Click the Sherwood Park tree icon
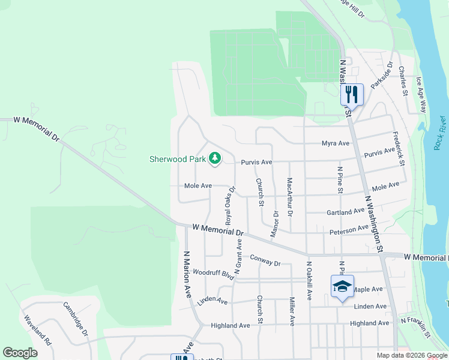(215, 159)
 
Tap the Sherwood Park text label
(178, 159)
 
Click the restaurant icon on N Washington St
(352, 94)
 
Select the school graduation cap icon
(342, 286)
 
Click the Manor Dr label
(275, 223)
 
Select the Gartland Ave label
(346, 211)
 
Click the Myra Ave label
(336, 143)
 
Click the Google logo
(20, 353)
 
